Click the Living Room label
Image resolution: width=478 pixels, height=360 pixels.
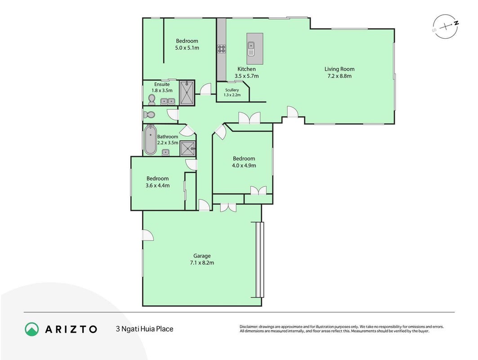pyautogui.click(x=340, y=69)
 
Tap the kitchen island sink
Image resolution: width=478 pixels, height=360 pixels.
pyautogui.click(x=251, y=49)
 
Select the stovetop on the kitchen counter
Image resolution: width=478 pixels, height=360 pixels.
pyautogui.click(x=221, y=49)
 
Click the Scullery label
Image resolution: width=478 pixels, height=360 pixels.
pyautogui.click(x=232, y=90)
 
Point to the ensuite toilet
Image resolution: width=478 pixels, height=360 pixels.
pyautogui.click(x=152, y=99)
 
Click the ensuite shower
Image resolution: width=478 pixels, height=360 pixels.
pyautogui.click(x=187, y=93)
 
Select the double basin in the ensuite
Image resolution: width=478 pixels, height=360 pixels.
pyautogui.click(x=168, y=101)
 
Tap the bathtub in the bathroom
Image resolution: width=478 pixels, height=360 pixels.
pyautogui.click(x=150, y=140)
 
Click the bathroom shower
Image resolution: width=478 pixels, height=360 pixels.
pyautogui.click(x=188, y=148)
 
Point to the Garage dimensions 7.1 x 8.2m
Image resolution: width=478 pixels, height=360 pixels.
pyautogui.click(x=202, y=263)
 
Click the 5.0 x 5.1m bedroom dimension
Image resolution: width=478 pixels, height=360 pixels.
pyautogui.click(x=187, y=48)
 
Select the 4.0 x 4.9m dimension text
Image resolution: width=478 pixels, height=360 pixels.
pyautogui.click(x=244, y=166)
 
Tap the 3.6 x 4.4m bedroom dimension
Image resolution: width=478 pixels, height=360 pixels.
pyautogui.click(x=157, y=185)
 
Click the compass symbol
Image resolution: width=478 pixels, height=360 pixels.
pyautogui.click(x=445, y=27)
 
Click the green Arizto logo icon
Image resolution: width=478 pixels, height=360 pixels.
pyautogui.click(x=32, y=329)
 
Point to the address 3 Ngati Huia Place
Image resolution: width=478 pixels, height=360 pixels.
pyautogui.click(x=144, y=329)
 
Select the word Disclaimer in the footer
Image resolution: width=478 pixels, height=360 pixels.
pyautogui.click(x=249, y=327)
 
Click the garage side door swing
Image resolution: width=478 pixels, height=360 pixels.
pyautogui.click(x=148, y=235)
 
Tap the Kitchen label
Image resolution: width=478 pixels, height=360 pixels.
pyautogui.click(x=246, y=69)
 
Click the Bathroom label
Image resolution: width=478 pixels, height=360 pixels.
pyautogui.click(x=168, y=137)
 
